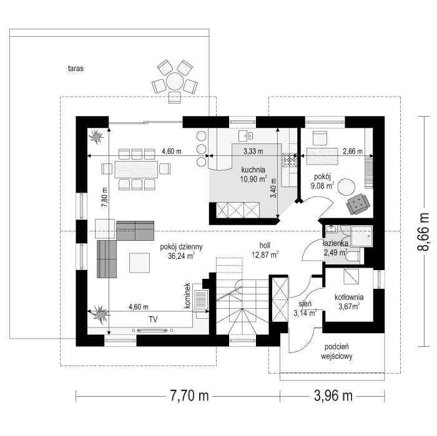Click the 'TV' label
click(x=152, y=319)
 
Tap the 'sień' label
click(x=305, y=303)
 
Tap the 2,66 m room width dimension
click(x=352, y=151)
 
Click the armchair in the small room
click(x=359, y=201)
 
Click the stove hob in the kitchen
click(x=290, y=160)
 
